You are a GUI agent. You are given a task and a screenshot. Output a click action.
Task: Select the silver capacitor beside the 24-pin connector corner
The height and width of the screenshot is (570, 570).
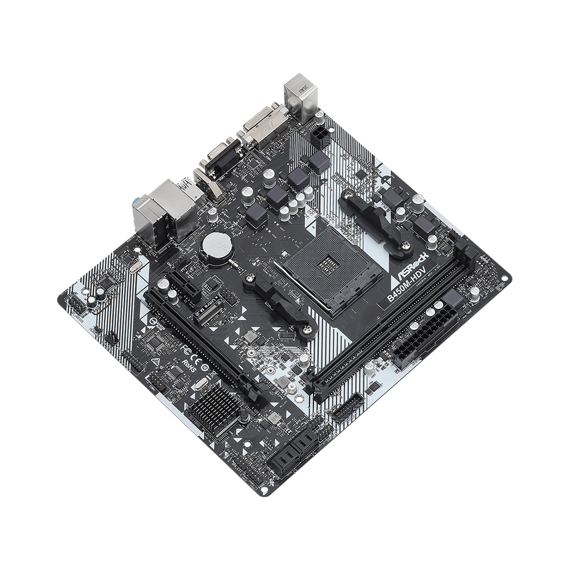474,293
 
